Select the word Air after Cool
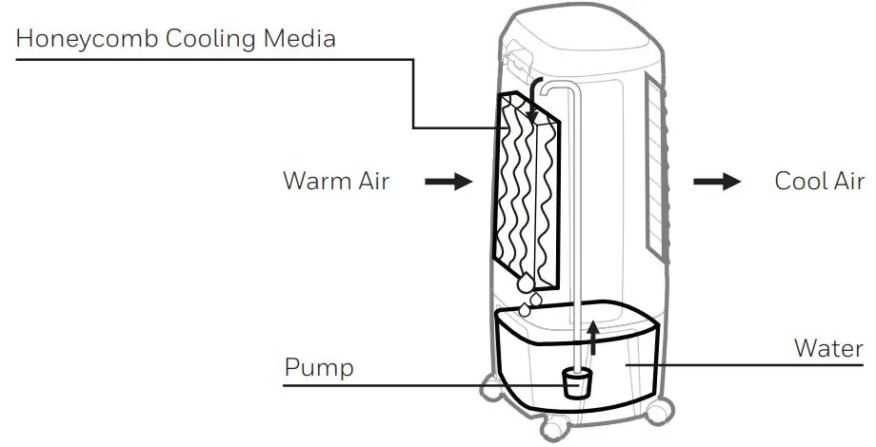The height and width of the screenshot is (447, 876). (x=849, y=181)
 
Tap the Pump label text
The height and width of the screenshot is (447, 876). (x=318, y=367)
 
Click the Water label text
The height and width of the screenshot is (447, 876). (x=828, y=348)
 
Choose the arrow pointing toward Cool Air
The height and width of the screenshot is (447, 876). (x=716, y=181)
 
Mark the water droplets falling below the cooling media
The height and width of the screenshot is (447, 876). (x=527, y=295)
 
